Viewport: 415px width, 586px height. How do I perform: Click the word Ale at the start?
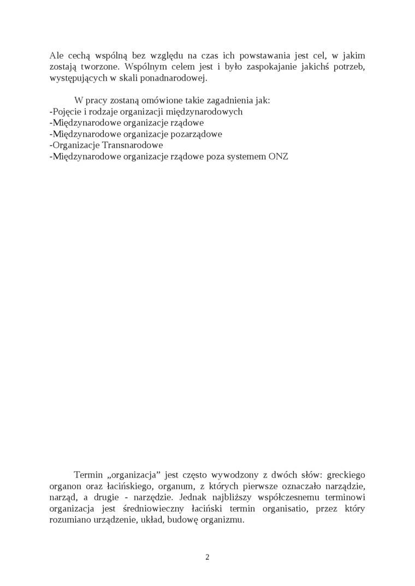56,55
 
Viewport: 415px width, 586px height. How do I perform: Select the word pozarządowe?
195,134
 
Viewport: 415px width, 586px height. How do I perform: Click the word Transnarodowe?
132,145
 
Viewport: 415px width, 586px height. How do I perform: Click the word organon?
64,485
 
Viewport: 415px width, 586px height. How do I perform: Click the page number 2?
207,557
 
